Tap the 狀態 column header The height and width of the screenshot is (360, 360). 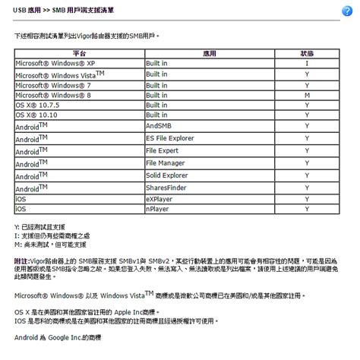click(x=307, y=55)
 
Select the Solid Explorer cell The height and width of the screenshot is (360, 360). click(x=166, y=175)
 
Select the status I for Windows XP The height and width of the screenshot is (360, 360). click(x=307, y=64)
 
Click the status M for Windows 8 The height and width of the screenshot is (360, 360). click(x=307, y=96)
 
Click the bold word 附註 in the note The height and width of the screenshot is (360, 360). click(x=22, y=259)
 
